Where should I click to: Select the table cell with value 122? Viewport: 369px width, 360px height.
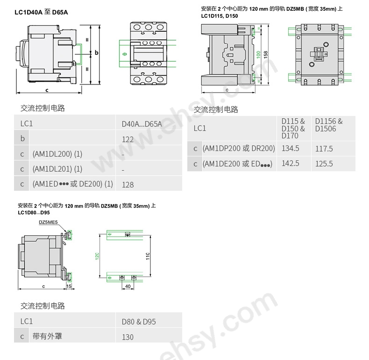pyautogui.click(x=128, y=139)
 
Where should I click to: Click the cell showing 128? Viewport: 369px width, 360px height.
pyautogui.click(x=128, y=185)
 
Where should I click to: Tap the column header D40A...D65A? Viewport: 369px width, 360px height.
pyautogui.click(x=142, y=124)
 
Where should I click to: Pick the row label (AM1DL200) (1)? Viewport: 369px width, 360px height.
pyautogui.click(x=57, y=154)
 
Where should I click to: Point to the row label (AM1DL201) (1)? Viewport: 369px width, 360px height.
pyautogui.click(x=57, y=169)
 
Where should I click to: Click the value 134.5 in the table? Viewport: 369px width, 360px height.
pyautogui.click(x=290, y=149)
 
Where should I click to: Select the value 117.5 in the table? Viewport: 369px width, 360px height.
pyautogui.click(x=324, y=149)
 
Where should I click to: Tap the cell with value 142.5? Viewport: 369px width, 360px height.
pyautogui.click(x=290, y=163)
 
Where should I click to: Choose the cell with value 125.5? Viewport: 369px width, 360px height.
pyautogui.click(x=324, y=164)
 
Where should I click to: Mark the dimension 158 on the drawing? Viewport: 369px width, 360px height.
pyautogui.click(x=265, y=54)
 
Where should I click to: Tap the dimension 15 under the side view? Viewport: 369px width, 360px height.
pyautogui.click(x=69, y=285)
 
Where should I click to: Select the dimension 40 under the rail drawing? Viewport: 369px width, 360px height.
pyautogui.click(x=128, y=286)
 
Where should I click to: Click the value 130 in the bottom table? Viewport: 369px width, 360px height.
pyautogui.click(x=128, y=337)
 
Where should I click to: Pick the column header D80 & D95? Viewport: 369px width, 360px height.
pyautogui.click(x=139, y=322)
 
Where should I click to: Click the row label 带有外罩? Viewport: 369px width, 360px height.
pyautogui.click(x=47, y=336)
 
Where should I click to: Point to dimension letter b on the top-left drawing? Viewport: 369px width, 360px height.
pyautogui.click(x=97, y=53)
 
